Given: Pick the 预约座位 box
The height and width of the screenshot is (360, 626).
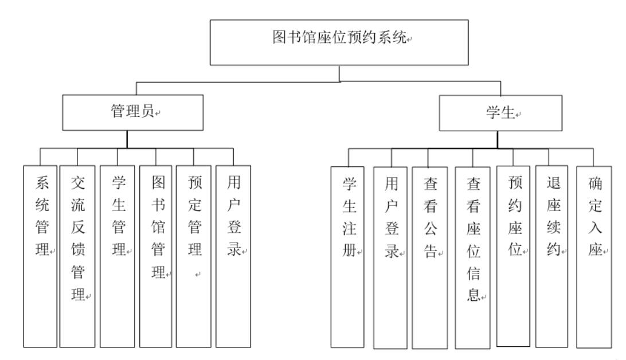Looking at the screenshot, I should [514, 256].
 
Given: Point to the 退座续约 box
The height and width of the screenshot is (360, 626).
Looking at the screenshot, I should [551, 256].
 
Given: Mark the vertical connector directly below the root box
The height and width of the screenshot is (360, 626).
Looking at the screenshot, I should [340, 73].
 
